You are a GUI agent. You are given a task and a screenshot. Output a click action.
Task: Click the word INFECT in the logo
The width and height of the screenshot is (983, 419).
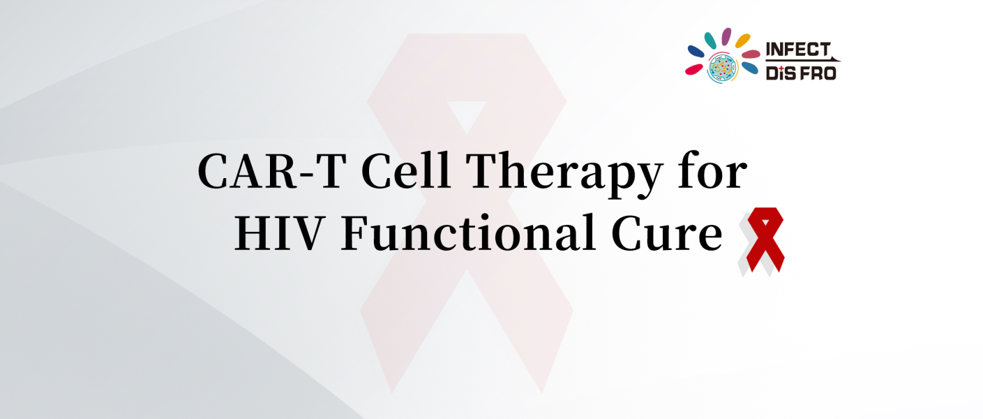point(798,50)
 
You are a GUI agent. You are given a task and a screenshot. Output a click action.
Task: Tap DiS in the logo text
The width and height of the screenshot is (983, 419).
point(781,72)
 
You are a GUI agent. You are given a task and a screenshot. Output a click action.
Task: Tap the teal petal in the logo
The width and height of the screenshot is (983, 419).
point(710,41)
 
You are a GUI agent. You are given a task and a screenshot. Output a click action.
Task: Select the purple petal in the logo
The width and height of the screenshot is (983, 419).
point(726,36)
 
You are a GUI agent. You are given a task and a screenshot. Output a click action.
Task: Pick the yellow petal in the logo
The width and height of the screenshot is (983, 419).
point(742,41)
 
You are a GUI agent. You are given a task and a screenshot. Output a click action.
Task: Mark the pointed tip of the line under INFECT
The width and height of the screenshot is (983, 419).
point(840,61)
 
